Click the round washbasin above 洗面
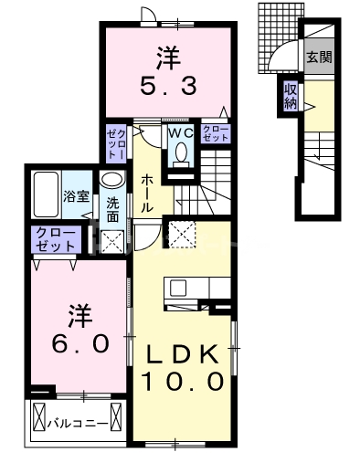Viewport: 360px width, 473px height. (x=111, y=180)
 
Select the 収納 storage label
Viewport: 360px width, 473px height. (x=291, y=96)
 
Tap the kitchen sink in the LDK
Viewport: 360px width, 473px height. (x=179, y=289)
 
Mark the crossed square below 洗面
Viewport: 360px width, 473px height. (x=112, y=241)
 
